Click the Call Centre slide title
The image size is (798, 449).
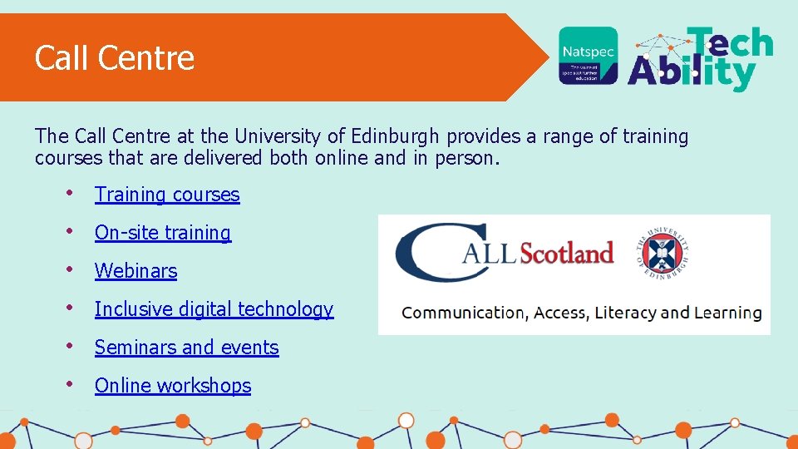pyautogui.click(x=115, y=58)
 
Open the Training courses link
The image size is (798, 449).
pyautogui.click(x=167, y=195)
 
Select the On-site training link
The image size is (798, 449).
pyautogui.click(x=163, y=233)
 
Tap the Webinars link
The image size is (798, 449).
pyautogui.click(x=135, y=271)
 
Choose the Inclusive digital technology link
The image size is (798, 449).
pyautogui.click(x=214, y=309)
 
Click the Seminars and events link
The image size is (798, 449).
pyautogui.click(x=186, y=348)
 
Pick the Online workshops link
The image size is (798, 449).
pyautogui.click(x=173, y=386)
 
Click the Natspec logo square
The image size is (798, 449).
pyautogui.click(x=588, y=56)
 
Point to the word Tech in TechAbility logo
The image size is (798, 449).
pyautogui.click(x=730, y=43)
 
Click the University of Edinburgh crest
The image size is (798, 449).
pyautogui.click(x=664, y=252)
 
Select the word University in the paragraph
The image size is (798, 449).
pyautogui.click(x=271, y=136)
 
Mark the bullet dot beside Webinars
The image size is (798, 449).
pyautogui.click(x=71, y=270)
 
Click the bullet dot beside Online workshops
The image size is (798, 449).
pyautogui.click(x=71, y=385)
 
